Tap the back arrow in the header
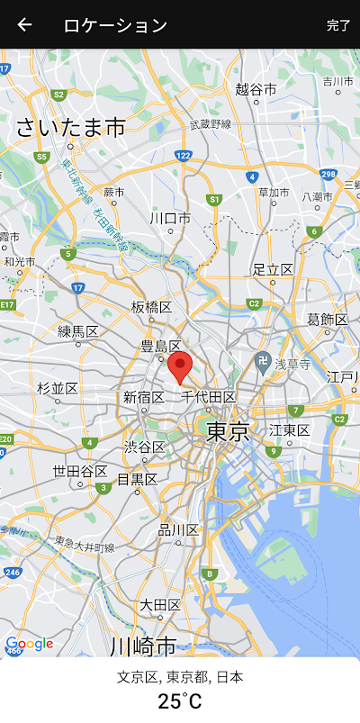tap(24, 25)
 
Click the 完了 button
tap(338, 25)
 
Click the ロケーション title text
tap(115, 25)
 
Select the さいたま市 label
tap(70, 128)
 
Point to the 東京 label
tap(228, 431)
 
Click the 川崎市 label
tap(142, 646)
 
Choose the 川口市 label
tap(170, 218)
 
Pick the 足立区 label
tap(273, 269)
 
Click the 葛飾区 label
tap(327, 320)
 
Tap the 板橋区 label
tap(151, 307)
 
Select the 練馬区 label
tap(78, 331)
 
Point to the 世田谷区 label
tap(79, 471)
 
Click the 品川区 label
tap(178, 529)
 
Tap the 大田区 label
tap(160, 603)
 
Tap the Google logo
tap(30, 644)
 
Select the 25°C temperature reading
tap(180, 701)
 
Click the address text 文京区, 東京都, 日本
tap(180, 677)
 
